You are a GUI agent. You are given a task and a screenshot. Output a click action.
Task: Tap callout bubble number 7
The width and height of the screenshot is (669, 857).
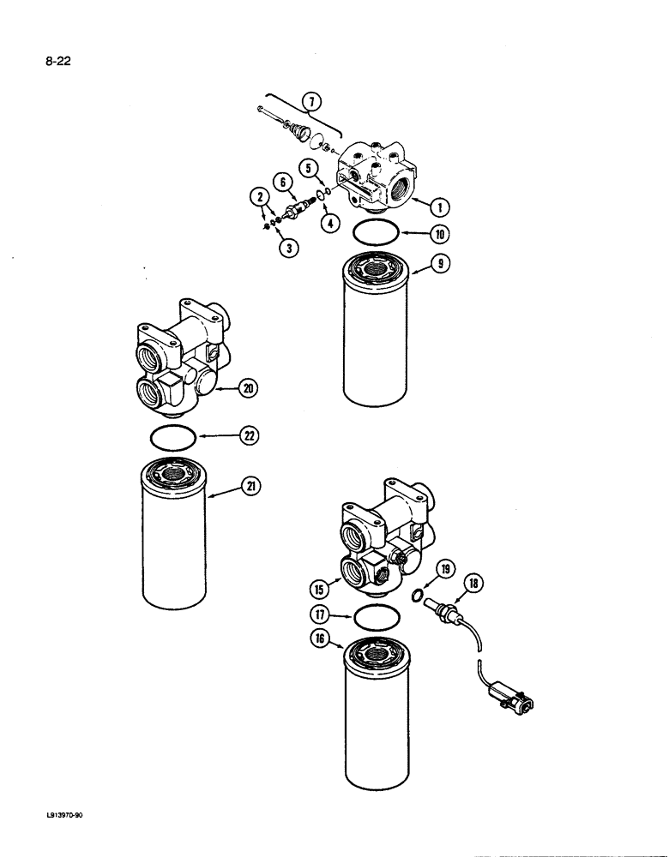311,103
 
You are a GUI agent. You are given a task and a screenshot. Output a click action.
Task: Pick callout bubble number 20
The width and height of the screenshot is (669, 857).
249,388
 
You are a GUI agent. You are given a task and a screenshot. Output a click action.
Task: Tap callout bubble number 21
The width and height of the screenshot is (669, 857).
249,488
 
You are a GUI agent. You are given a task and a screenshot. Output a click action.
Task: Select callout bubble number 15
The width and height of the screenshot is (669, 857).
318,589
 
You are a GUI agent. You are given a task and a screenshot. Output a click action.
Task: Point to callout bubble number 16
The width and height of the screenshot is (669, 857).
318,640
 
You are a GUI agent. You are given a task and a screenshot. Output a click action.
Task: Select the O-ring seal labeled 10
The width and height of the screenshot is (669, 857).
375,233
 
